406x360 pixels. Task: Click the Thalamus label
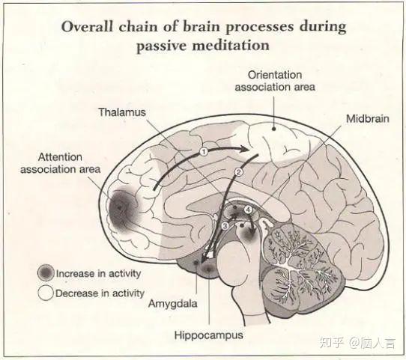pos(122,112)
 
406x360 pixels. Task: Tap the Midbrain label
pos(368,119)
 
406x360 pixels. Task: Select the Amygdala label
pos(173,303)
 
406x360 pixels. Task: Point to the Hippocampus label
pos(209,335)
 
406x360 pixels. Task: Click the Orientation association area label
pos(275,81)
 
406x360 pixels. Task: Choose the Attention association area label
pos(61,163)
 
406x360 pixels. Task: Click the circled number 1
pos(204,151)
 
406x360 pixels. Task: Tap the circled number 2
pos(238,171)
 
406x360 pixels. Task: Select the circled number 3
pos(225,226)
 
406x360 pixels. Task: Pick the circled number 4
pos(248,210)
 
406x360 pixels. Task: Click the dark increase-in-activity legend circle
pos(46,273)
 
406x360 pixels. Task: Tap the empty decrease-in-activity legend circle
pos(46,293)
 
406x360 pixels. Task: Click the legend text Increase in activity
pos(99,274)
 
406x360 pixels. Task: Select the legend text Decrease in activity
pos(100,293)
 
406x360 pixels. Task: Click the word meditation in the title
pos(231,46)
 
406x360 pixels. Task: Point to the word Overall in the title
pos(87,27)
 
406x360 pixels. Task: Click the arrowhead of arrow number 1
pos(245,149)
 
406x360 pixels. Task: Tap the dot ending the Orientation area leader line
pos(273,128)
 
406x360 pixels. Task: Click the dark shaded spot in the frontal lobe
pos(121,209)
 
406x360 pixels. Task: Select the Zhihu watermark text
pos(357,344)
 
